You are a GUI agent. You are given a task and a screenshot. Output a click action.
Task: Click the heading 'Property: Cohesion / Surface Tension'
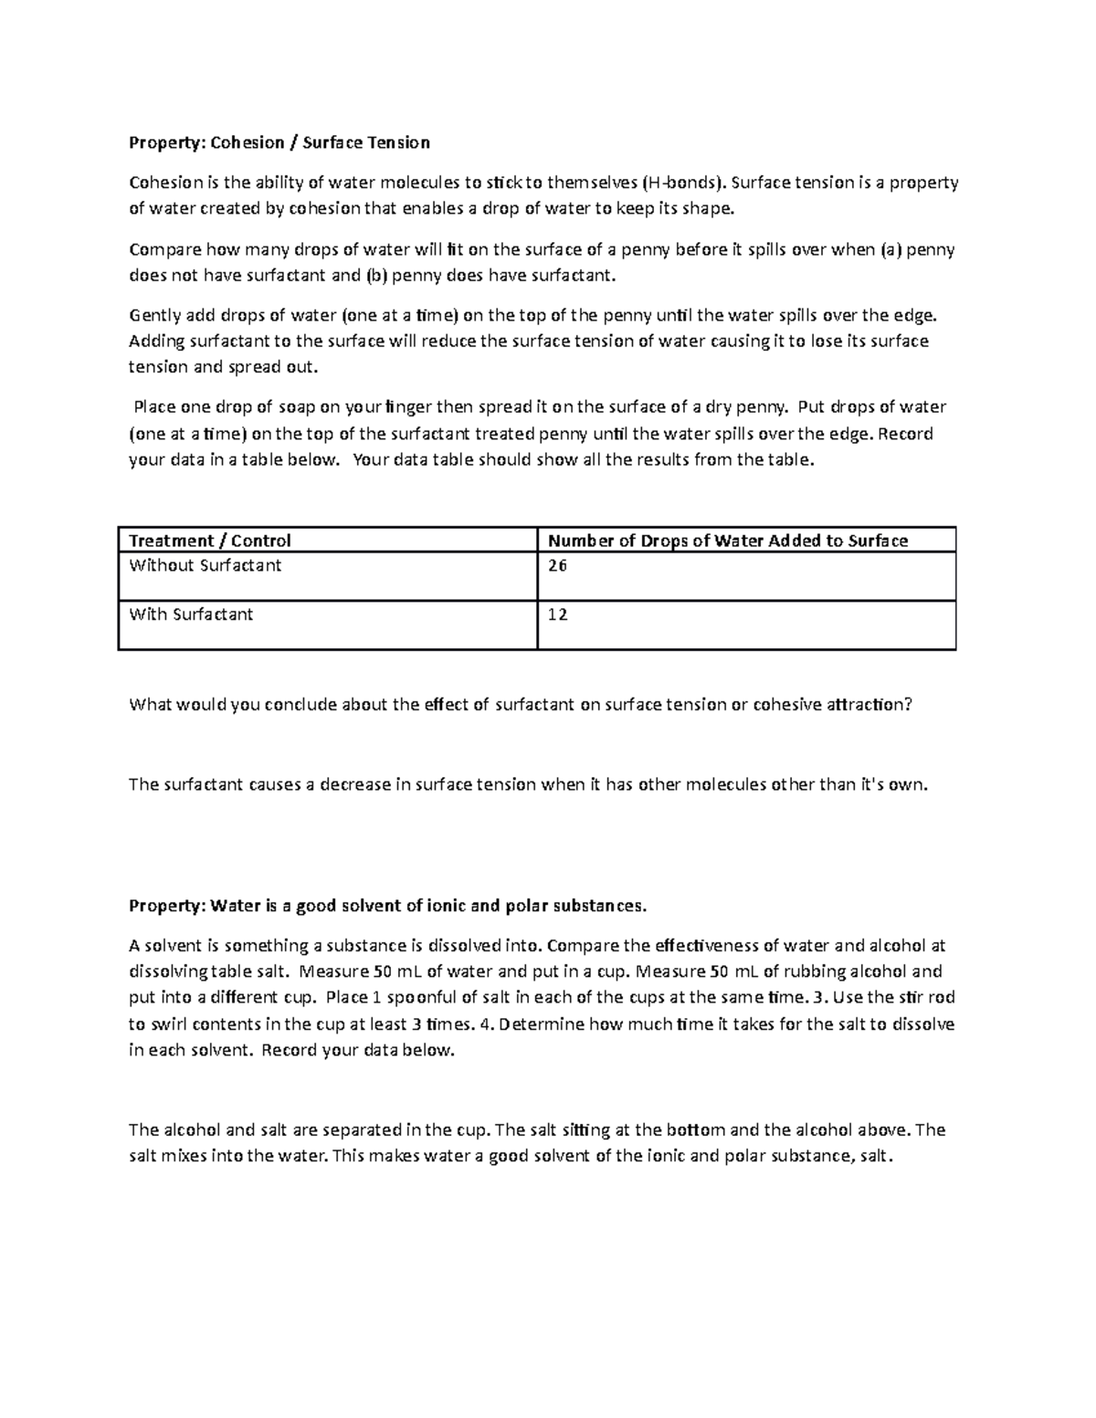[x=279, y=142]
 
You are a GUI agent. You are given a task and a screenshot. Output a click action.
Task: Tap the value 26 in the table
[x=557, y=565]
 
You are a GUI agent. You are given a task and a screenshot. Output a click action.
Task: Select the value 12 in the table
[x=557, y=614]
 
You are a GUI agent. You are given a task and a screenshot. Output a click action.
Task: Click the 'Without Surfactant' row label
[x=205, y=565]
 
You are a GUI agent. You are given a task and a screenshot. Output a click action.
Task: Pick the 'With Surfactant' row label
[x=191, y=614]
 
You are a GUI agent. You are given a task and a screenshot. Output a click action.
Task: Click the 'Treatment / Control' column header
[x=209, y=541]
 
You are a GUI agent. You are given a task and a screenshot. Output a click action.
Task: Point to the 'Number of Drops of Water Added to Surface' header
[x=727, y=541]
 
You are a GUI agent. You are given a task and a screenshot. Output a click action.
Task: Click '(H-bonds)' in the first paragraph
[x=685, y=183]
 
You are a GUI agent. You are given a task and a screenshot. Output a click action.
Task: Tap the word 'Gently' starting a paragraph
[x=155, y=316]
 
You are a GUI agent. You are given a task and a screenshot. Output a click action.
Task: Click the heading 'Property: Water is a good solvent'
[x=387, y=906]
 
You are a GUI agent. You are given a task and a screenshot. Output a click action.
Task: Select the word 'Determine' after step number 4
[x=540, y=1024]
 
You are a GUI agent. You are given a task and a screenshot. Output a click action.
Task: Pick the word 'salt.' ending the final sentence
[x=874, y=1157]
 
